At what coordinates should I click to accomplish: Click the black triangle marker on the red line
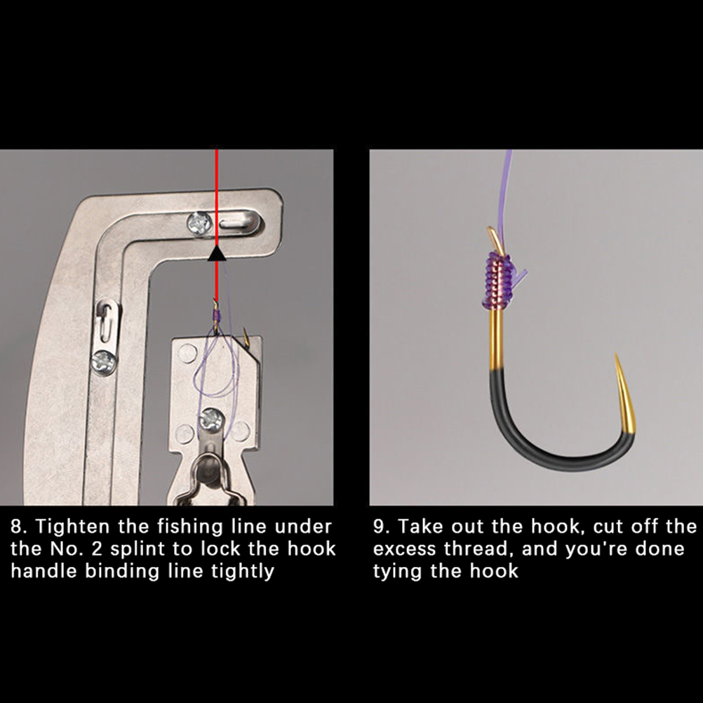coord(217,254)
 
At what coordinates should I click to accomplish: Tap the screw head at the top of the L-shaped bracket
coord(199,223)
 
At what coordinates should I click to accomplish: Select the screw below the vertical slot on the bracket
coord(104,362)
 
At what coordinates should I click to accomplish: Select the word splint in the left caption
coord(138,549)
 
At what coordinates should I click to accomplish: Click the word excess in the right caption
coord(404,549)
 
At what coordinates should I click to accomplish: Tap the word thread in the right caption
coord(478,549)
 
